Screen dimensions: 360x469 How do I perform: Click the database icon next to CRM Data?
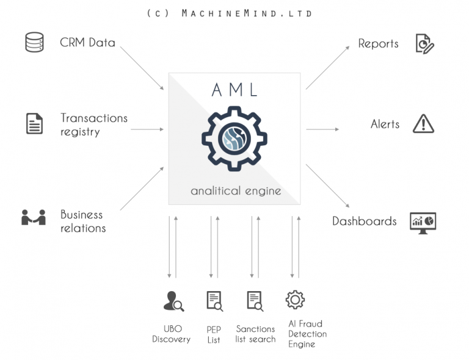click(x=34, y=43)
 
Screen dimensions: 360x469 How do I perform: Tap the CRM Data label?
click(x=87, y=43)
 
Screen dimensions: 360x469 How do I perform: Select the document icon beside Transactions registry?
click(x=35, y=123)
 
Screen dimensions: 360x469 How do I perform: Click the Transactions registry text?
click(x=93, y=124)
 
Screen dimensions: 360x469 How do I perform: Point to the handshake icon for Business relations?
click(x=34, y=217)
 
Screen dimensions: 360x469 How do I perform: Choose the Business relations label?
click(x=83, y=221)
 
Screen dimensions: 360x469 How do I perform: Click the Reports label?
click(x=378, y=44)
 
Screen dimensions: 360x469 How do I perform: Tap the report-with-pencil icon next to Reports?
click(x=424, y=43)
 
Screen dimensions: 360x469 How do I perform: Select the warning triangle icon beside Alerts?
click(x=423, y=123)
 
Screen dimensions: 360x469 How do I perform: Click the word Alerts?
click(x=385, y=124)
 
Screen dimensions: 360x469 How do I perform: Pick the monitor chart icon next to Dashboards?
click(x=423, y=223)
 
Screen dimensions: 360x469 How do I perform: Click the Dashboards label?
click(x=364, y=221)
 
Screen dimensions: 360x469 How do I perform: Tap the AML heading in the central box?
click(x=234, y=90)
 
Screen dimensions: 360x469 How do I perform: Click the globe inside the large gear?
click(x=234, y=138)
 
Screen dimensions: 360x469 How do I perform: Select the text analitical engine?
click(x=236, y=191)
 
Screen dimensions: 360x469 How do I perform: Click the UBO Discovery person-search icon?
click(x=173, y=301)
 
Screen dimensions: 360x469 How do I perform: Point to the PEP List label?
click(x=214, y=334)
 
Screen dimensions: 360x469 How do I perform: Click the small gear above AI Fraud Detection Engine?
click(x=295, y=300)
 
